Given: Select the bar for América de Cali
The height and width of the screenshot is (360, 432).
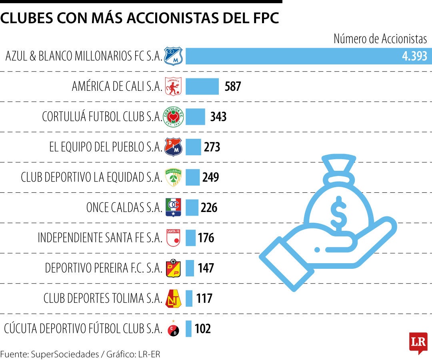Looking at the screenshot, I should coord(202,86).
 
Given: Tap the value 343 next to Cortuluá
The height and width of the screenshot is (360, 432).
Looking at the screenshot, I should coord(218,116).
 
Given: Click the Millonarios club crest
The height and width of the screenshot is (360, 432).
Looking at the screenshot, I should coord(174,56).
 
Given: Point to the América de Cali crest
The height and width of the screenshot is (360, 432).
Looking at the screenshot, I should coord(174,86).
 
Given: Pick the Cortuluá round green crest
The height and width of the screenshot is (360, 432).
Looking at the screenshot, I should coord(174,116).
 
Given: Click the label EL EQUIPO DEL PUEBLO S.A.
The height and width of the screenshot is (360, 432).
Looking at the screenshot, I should coord(105,147).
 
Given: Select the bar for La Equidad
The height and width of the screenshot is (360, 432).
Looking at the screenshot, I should coord(192,177).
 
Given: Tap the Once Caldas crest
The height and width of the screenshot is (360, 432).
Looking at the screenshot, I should coord(174,207).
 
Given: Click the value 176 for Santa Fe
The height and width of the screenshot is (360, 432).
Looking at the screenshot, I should coord(206,238).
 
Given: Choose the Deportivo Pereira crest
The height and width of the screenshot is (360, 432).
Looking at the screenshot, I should coord(174,268).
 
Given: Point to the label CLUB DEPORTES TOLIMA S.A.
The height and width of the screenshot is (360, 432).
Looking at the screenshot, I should coord(102,298).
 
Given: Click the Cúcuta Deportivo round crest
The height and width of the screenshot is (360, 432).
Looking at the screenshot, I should coord(174,330).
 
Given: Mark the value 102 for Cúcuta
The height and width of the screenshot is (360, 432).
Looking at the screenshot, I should coord(202,329).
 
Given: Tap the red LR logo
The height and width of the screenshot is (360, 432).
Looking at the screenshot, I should coord(418,342).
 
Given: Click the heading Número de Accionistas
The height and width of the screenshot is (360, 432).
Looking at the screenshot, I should coord(380,39).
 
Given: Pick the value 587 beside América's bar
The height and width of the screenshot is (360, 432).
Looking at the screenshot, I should coord(233,86).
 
